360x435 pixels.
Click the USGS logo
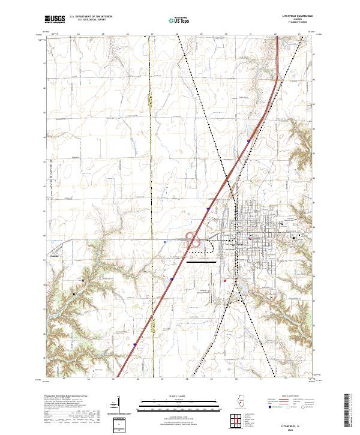click(55, 19)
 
